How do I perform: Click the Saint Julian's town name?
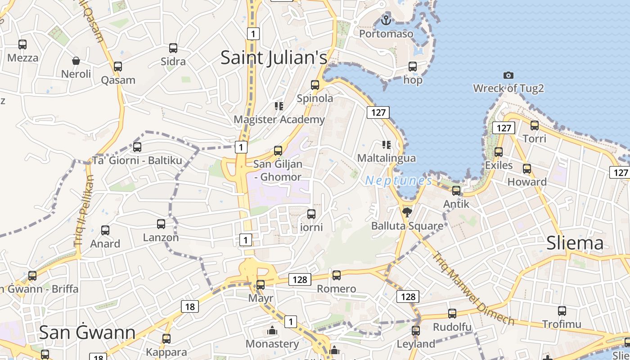[274, 58]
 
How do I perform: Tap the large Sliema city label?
[575, 243]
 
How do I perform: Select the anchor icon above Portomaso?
[386, 20]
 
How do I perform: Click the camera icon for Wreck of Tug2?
[508, 75]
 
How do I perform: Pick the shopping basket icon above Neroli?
[76, 60]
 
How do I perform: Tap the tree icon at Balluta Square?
[407, 212]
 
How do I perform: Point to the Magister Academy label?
[279, 119]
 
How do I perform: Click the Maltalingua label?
[386, 158]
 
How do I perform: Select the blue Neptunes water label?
[398, 181]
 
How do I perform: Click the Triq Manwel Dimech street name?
[473, 288]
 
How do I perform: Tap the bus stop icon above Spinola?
[315, 85]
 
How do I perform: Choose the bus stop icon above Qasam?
[118, 67]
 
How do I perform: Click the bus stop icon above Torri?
[535, 125]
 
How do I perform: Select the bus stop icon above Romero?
[337, 275]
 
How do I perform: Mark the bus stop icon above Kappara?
[166, 338]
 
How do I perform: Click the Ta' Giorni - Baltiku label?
[137, 160]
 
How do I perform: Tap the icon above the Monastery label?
[272, 331]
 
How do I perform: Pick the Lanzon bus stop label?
[161, 237]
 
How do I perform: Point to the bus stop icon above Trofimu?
[562, 310]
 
